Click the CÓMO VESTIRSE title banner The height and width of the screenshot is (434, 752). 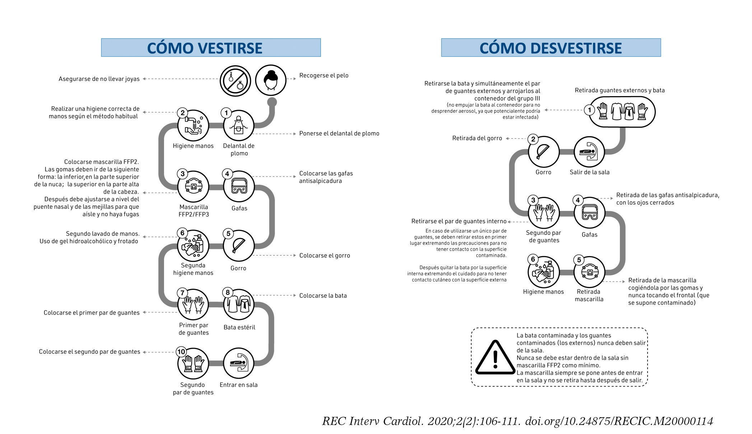[x=211, y=48]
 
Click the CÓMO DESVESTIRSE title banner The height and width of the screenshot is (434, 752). [x=551, y=48]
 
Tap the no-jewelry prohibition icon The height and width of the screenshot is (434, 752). [x=235, y=81]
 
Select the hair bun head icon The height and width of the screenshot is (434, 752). [x=270, y=80]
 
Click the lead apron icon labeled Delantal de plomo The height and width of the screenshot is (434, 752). [x=239, y=125]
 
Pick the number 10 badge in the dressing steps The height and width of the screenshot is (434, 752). [x=181, y=352]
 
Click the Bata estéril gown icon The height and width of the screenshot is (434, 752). [x=239, y=305]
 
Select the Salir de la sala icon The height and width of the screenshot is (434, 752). [x=589, y=152]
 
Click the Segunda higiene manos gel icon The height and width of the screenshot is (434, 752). [x=193, y=246]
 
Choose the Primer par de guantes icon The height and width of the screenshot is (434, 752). [x=193, y=305]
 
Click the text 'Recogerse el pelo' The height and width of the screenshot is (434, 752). [x=324, y=75]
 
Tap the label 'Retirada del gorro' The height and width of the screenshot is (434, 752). [x=477, y=138]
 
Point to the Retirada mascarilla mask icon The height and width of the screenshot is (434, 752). [x=589, y=272]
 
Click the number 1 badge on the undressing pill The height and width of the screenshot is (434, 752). [x=589, y=110]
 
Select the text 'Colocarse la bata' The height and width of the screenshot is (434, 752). [x=323, y=296]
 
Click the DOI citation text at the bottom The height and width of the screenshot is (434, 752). [x=517, y=421]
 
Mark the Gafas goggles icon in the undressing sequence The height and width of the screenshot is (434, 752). [x=589, y=213]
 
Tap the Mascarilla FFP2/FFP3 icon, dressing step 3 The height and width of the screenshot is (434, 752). [x=193, y=187]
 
